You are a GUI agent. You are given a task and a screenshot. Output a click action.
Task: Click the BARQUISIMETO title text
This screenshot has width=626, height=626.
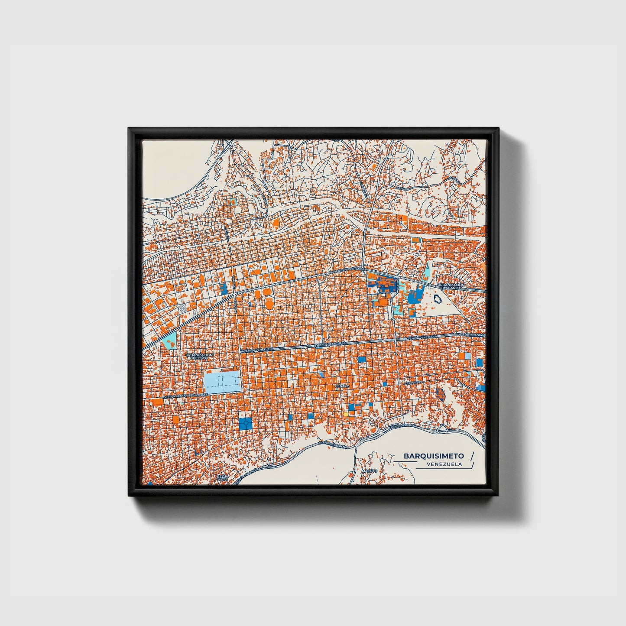click(x=434, y=456)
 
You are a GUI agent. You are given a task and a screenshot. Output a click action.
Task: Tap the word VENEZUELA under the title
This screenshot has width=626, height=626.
click(x=444, y=464)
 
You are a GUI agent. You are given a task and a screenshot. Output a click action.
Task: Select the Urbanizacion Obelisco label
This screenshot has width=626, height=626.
click(x=199, y=357)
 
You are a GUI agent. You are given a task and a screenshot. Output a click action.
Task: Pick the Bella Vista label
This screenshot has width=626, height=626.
click(x=222, y=478)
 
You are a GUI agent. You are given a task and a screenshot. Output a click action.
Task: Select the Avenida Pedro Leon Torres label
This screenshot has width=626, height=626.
click(x=185, y=396)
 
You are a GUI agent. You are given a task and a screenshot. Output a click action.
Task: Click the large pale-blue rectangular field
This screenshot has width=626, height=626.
click(x=222, y=382)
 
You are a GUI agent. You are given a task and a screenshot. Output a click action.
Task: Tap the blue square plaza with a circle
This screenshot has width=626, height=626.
click(x=245, y=423)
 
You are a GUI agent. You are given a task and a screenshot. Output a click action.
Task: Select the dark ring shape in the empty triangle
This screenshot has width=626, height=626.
click(x=437, y=298)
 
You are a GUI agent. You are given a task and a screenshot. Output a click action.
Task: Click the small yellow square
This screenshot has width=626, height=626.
click(x=346, y=414)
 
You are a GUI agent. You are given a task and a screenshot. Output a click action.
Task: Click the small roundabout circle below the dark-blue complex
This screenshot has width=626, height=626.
click(x=392, y=319)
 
